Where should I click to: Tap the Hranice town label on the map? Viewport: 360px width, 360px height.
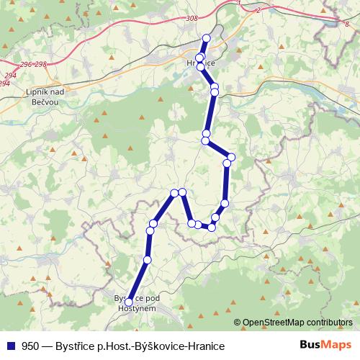pyautogui.click(x=201, y=63)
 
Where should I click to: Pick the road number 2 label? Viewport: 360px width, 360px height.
pyautogui.click(x=257, y=11)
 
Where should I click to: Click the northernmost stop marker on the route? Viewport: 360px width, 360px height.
pyautogui.click(x=207, y=39)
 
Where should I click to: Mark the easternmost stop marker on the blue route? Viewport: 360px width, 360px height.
pyautogui.click(x=231, y=157)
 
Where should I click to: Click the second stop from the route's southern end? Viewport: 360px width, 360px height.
pyautogui.click(x=148, y=259)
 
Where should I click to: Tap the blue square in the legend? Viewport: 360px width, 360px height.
pyautogui.click(x=10, y=346)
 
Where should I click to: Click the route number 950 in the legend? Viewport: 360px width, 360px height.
pyautogui.click(x=31, y=346)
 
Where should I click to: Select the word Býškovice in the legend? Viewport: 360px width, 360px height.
pyautogui.click(x=161, y=346)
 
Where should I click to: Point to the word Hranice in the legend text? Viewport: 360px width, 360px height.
pyautogui.click(x=207, y=346)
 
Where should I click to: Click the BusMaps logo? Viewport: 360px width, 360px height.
pyautogui.click(x=326, y=345)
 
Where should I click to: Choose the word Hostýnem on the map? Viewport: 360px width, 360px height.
pyautogui.click(x=138, y=307)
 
